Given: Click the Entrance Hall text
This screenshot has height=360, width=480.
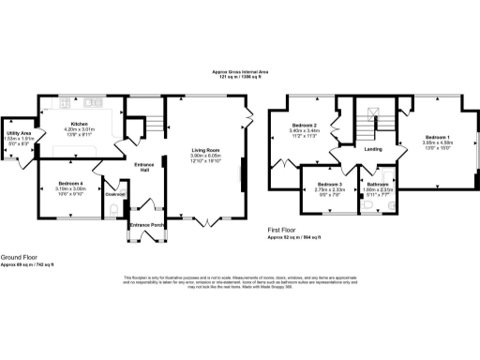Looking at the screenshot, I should click(143, 165).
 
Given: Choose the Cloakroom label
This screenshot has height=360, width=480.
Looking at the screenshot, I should click(115, 194).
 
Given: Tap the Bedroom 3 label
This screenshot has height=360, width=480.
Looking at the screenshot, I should click(328, 184).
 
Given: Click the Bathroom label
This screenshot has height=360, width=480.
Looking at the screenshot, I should click(379, 185).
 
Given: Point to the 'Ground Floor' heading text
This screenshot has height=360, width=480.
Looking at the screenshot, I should click(20, 256).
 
